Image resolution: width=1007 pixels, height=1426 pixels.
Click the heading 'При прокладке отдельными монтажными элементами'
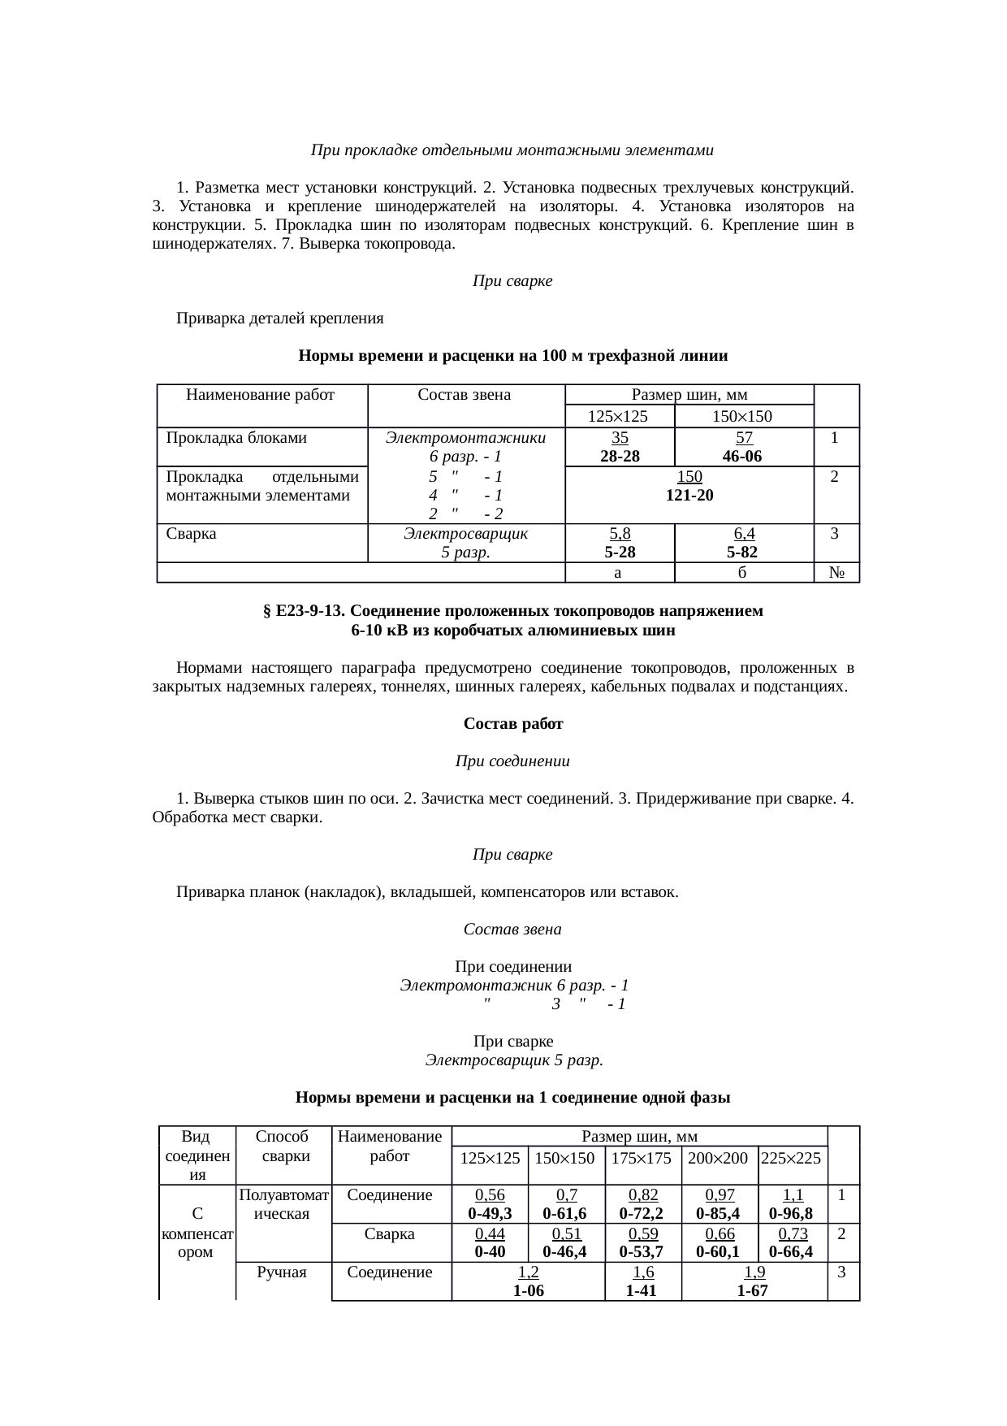(512, 150)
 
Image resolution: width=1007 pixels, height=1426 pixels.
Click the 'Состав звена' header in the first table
(464, 396)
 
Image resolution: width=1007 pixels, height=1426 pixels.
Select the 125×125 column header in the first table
(619, 417)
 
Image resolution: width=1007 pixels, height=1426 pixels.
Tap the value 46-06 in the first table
(743, 457)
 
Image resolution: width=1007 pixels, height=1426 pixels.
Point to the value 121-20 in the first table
(689, 496)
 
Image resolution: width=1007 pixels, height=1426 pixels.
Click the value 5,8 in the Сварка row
(620, 534)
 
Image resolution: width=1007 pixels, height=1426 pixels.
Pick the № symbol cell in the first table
(838, 574)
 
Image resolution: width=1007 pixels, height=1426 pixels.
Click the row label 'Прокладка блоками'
(236, 438)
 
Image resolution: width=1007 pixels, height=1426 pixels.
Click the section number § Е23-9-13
(304, 611)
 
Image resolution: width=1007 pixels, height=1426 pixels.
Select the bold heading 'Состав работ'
(512, 723)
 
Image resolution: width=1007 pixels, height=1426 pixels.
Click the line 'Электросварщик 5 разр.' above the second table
(513, 1060)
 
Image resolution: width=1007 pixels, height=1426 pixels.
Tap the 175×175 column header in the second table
(642, 1159)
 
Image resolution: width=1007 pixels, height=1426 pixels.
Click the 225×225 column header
(791, 1159)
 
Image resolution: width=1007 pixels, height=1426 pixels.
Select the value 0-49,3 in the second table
(490, 1214)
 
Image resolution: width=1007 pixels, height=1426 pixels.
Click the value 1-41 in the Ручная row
(642, 1290)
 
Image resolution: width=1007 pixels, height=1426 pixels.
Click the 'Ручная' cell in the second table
(282, 1272)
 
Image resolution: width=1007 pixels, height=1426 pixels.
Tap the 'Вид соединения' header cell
(196, 1155)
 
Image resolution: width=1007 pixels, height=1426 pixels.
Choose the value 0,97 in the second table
(720, 1195)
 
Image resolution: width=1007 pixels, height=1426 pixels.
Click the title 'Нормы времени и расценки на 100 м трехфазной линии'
(512, 356)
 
